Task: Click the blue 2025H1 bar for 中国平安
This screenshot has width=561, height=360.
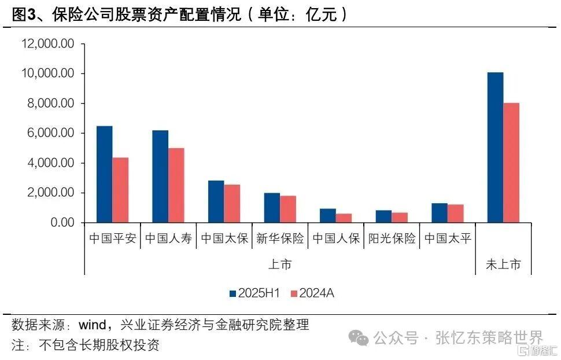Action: pyautogui.click(x=104, y=174)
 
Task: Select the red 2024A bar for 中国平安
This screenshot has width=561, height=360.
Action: pyautogui.click(x=120, y=190)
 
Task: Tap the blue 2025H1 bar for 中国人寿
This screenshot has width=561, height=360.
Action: pyautogui.click(x=160, y=177)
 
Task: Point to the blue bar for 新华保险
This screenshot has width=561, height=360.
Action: pyautogui.click(x=272, y=208)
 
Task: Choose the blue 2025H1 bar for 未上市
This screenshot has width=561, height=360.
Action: pyautogui.click(x=495, y=148)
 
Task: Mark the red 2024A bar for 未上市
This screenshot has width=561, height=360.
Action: pyautogui.click(x=511, y=163)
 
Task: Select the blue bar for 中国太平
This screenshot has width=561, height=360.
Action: pyautogui.click(x=440, y=213)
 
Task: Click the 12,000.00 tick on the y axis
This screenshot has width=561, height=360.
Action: pyautogui.click(x=48, y=44)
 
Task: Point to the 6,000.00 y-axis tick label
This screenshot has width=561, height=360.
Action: pyautogui.click(x=51, y=133)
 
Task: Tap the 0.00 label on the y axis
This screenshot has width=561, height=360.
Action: pyautogui.click(x=62, y=223)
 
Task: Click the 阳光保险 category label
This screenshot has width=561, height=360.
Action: pyautogui.click(x=392, y=238)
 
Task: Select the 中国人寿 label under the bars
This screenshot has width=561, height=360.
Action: pyautogui.click(x=168, y=238)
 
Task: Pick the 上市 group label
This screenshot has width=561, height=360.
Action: pyautogui.click(x=280, y=265)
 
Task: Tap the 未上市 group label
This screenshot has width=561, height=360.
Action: pyautogui.click(x=503, y=265)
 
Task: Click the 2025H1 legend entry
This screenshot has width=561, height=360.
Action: pyautogui.click(x=254, y=293)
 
